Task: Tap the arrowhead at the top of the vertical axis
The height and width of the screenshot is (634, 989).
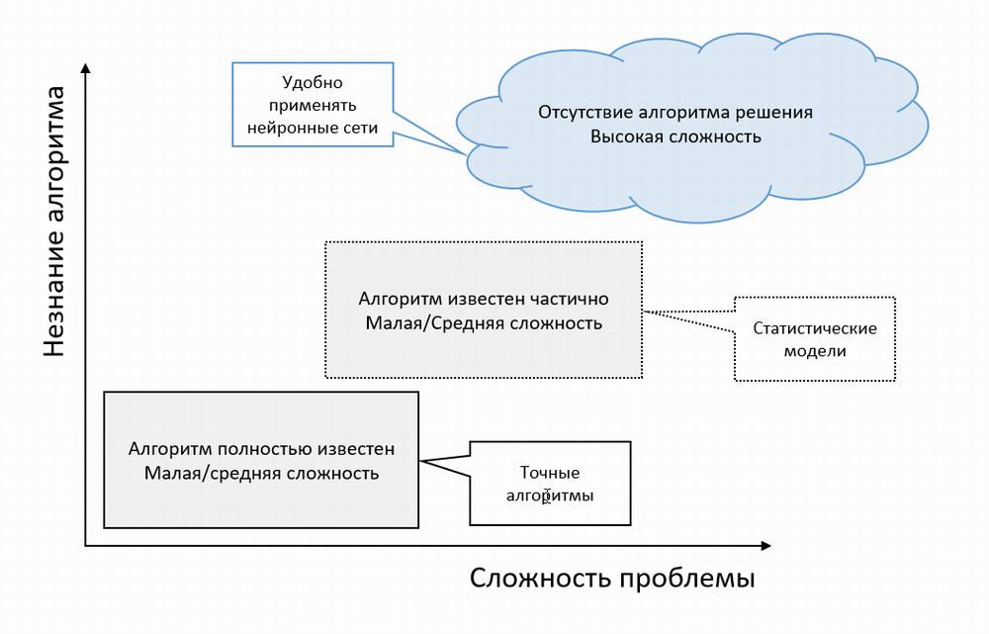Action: tap(86, 68)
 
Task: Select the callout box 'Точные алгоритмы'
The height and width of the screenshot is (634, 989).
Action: tap(550, 483)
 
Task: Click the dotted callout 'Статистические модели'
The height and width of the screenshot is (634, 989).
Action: tap(814, 339)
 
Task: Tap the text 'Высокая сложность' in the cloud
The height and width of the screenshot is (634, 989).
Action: tap(675, 136)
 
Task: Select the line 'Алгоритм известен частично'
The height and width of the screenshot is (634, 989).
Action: tap(483, 299)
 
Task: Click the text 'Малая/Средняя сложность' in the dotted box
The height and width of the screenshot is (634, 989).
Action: tap(483, 323)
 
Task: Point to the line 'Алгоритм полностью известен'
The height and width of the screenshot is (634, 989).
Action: tap(261, 448)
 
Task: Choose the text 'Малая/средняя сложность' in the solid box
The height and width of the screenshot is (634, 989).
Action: tap(261, 473)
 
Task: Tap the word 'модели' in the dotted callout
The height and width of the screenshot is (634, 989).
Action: tap(814, 351)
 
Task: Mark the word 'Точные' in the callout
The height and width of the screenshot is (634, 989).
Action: tap(550, 473)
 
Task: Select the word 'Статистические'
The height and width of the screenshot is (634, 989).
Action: tap(814, 328)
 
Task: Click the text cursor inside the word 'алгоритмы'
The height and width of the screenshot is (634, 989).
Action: tap(547, 497)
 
